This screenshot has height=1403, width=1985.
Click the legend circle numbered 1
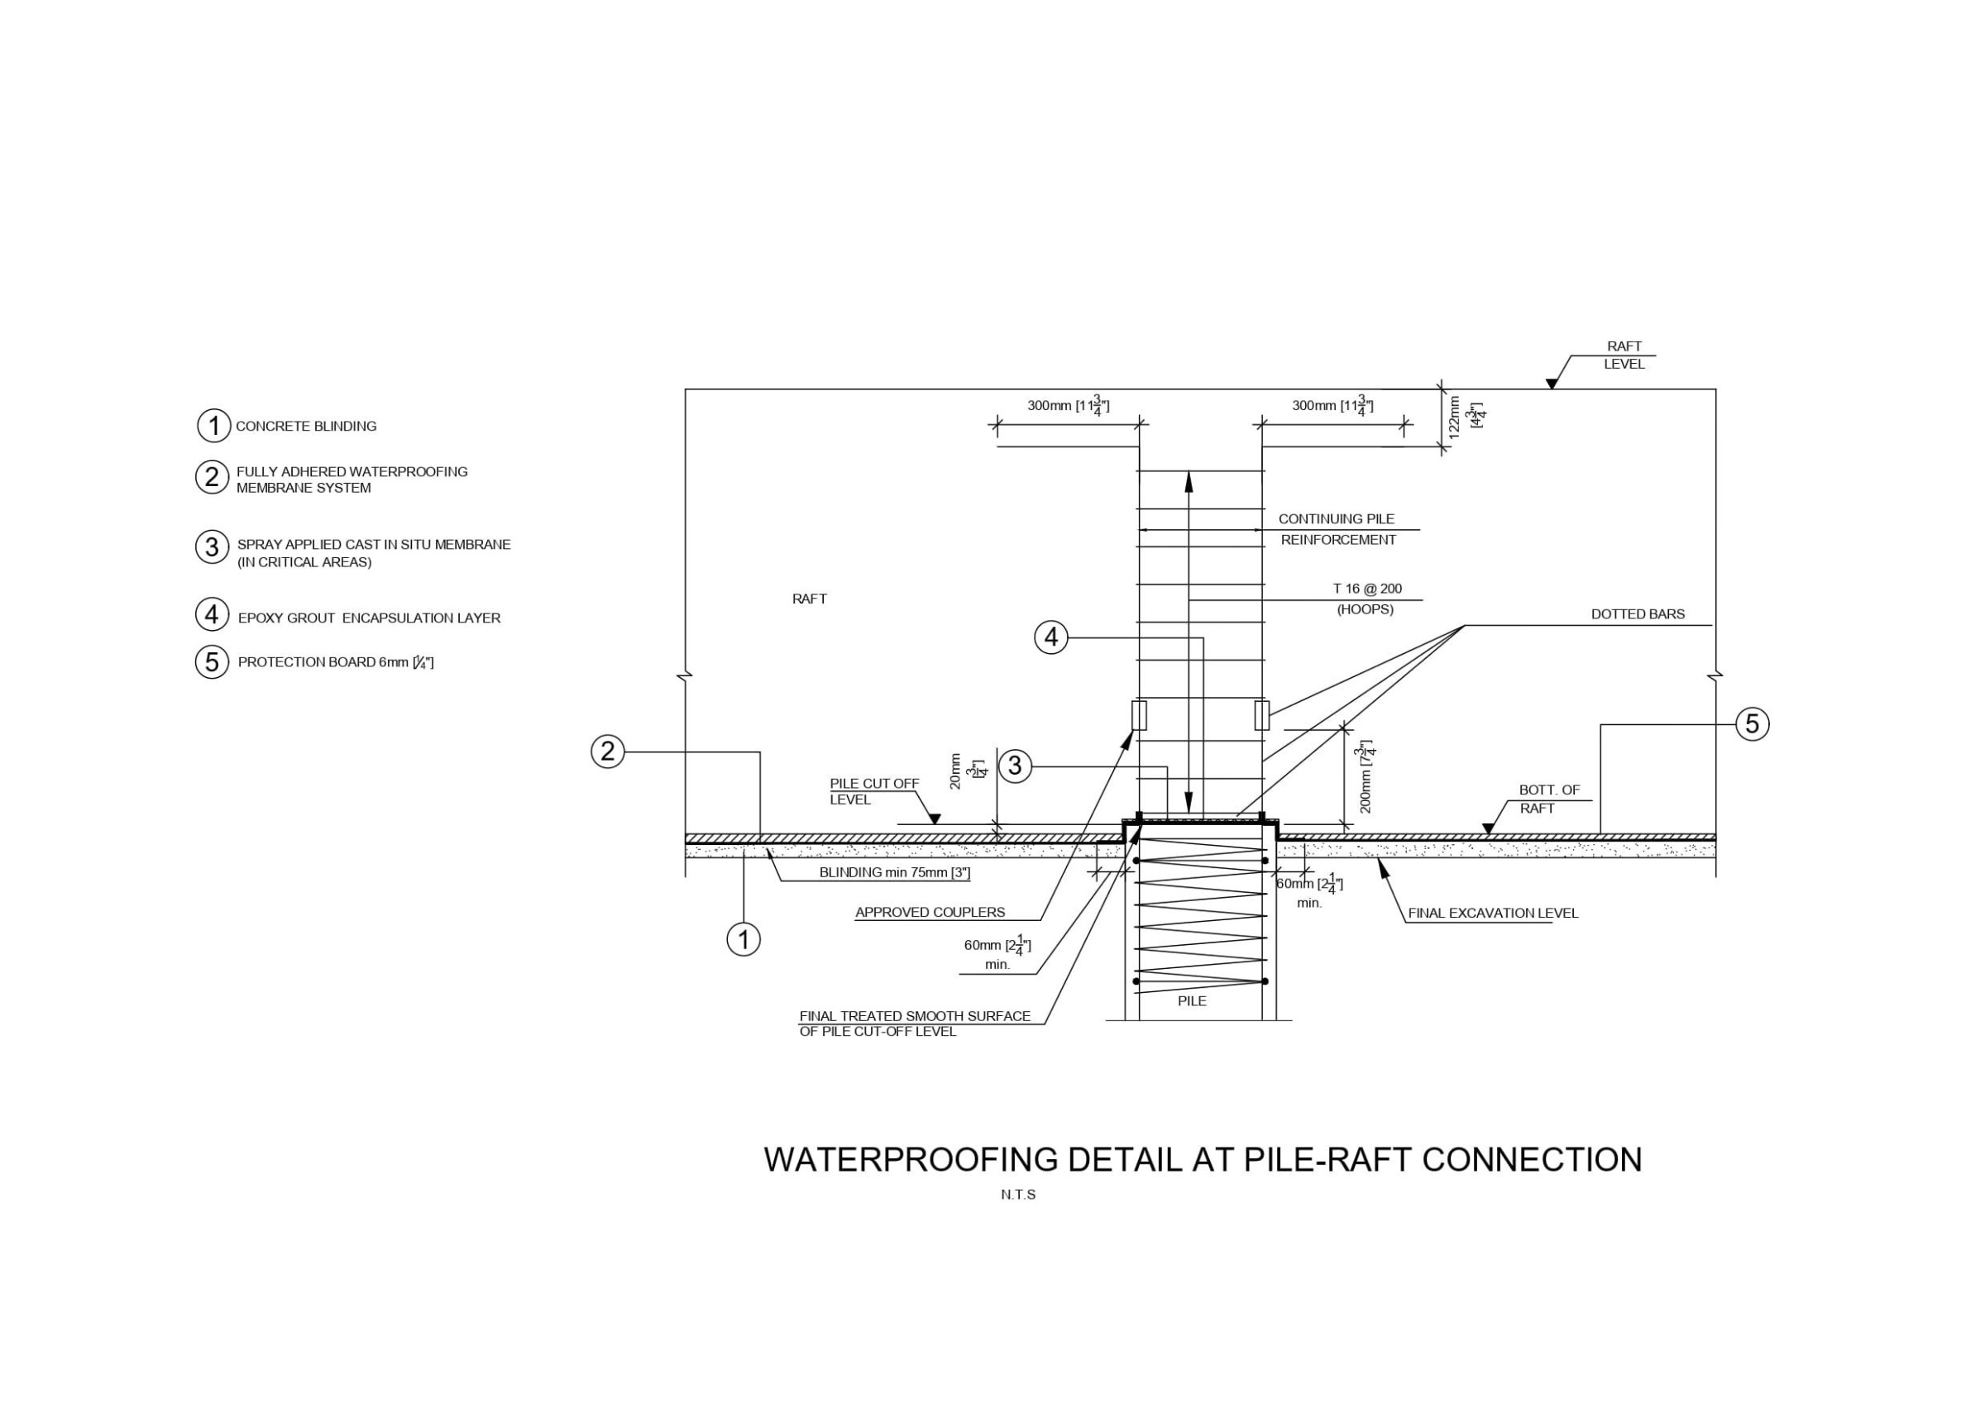click(213, 425)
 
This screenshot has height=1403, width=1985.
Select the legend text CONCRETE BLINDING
click(306, 426)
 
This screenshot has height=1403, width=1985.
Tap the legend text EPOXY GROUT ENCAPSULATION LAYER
click(369, 618)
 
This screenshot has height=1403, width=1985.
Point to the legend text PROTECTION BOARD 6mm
click(336, 662)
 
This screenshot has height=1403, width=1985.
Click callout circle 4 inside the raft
click(1051, 638)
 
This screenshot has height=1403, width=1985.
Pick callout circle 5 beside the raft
click(1753, 723)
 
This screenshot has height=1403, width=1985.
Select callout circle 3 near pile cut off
click(1015, 765)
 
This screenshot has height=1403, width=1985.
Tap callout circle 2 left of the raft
click(608, 751)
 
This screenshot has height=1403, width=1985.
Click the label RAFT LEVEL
click(1624, 356)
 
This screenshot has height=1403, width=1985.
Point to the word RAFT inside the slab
click(809, 599)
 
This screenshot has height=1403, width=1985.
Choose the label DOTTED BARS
click(1638, 614)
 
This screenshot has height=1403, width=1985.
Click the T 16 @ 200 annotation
click(1367, 589)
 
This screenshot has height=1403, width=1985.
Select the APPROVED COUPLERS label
click(930, 912)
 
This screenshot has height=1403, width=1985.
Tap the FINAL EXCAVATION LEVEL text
click(1493, 913)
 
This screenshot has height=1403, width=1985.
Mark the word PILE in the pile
click(1191, 1001)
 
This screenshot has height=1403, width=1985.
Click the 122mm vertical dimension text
click(1454, 418)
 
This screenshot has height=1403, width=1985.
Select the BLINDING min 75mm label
click(894, 873)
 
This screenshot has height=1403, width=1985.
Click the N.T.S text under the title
click(1018, 1195)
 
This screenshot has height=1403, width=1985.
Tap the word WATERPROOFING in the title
click(911, 1159)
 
